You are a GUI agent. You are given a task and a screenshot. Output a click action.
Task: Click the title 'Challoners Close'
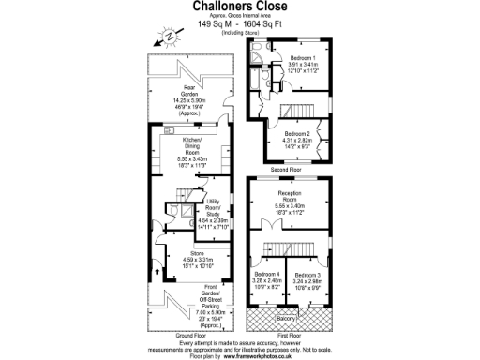point(240,7)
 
